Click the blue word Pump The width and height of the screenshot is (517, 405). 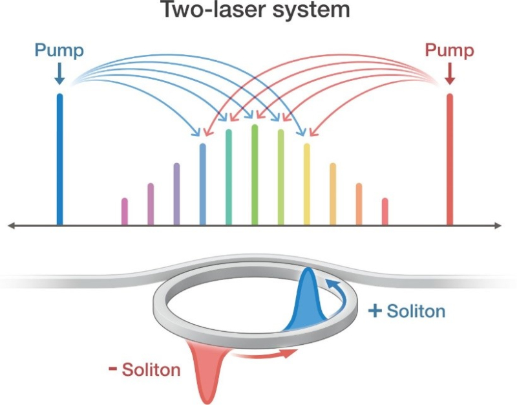(59, 51)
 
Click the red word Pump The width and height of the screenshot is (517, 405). (449, 51)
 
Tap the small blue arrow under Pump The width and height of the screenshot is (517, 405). (59, 74)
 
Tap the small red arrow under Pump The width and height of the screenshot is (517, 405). (450, 74)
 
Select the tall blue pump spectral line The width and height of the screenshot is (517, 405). (59, 159)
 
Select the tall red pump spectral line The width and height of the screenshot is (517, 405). (450, 159)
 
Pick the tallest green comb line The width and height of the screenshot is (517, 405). (255, 175)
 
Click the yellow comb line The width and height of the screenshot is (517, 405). (306, 184)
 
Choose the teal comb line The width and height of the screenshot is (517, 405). (229, 177)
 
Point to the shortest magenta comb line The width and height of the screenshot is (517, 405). (124, 212)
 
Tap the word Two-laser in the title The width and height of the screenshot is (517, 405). (215, 10)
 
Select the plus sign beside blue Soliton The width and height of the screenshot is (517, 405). (375, 311)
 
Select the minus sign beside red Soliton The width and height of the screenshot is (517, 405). (112, 369)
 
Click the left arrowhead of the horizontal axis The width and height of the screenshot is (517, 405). (10, 225)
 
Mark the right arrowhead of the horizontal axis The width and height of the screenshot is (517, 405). (498, 225)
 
